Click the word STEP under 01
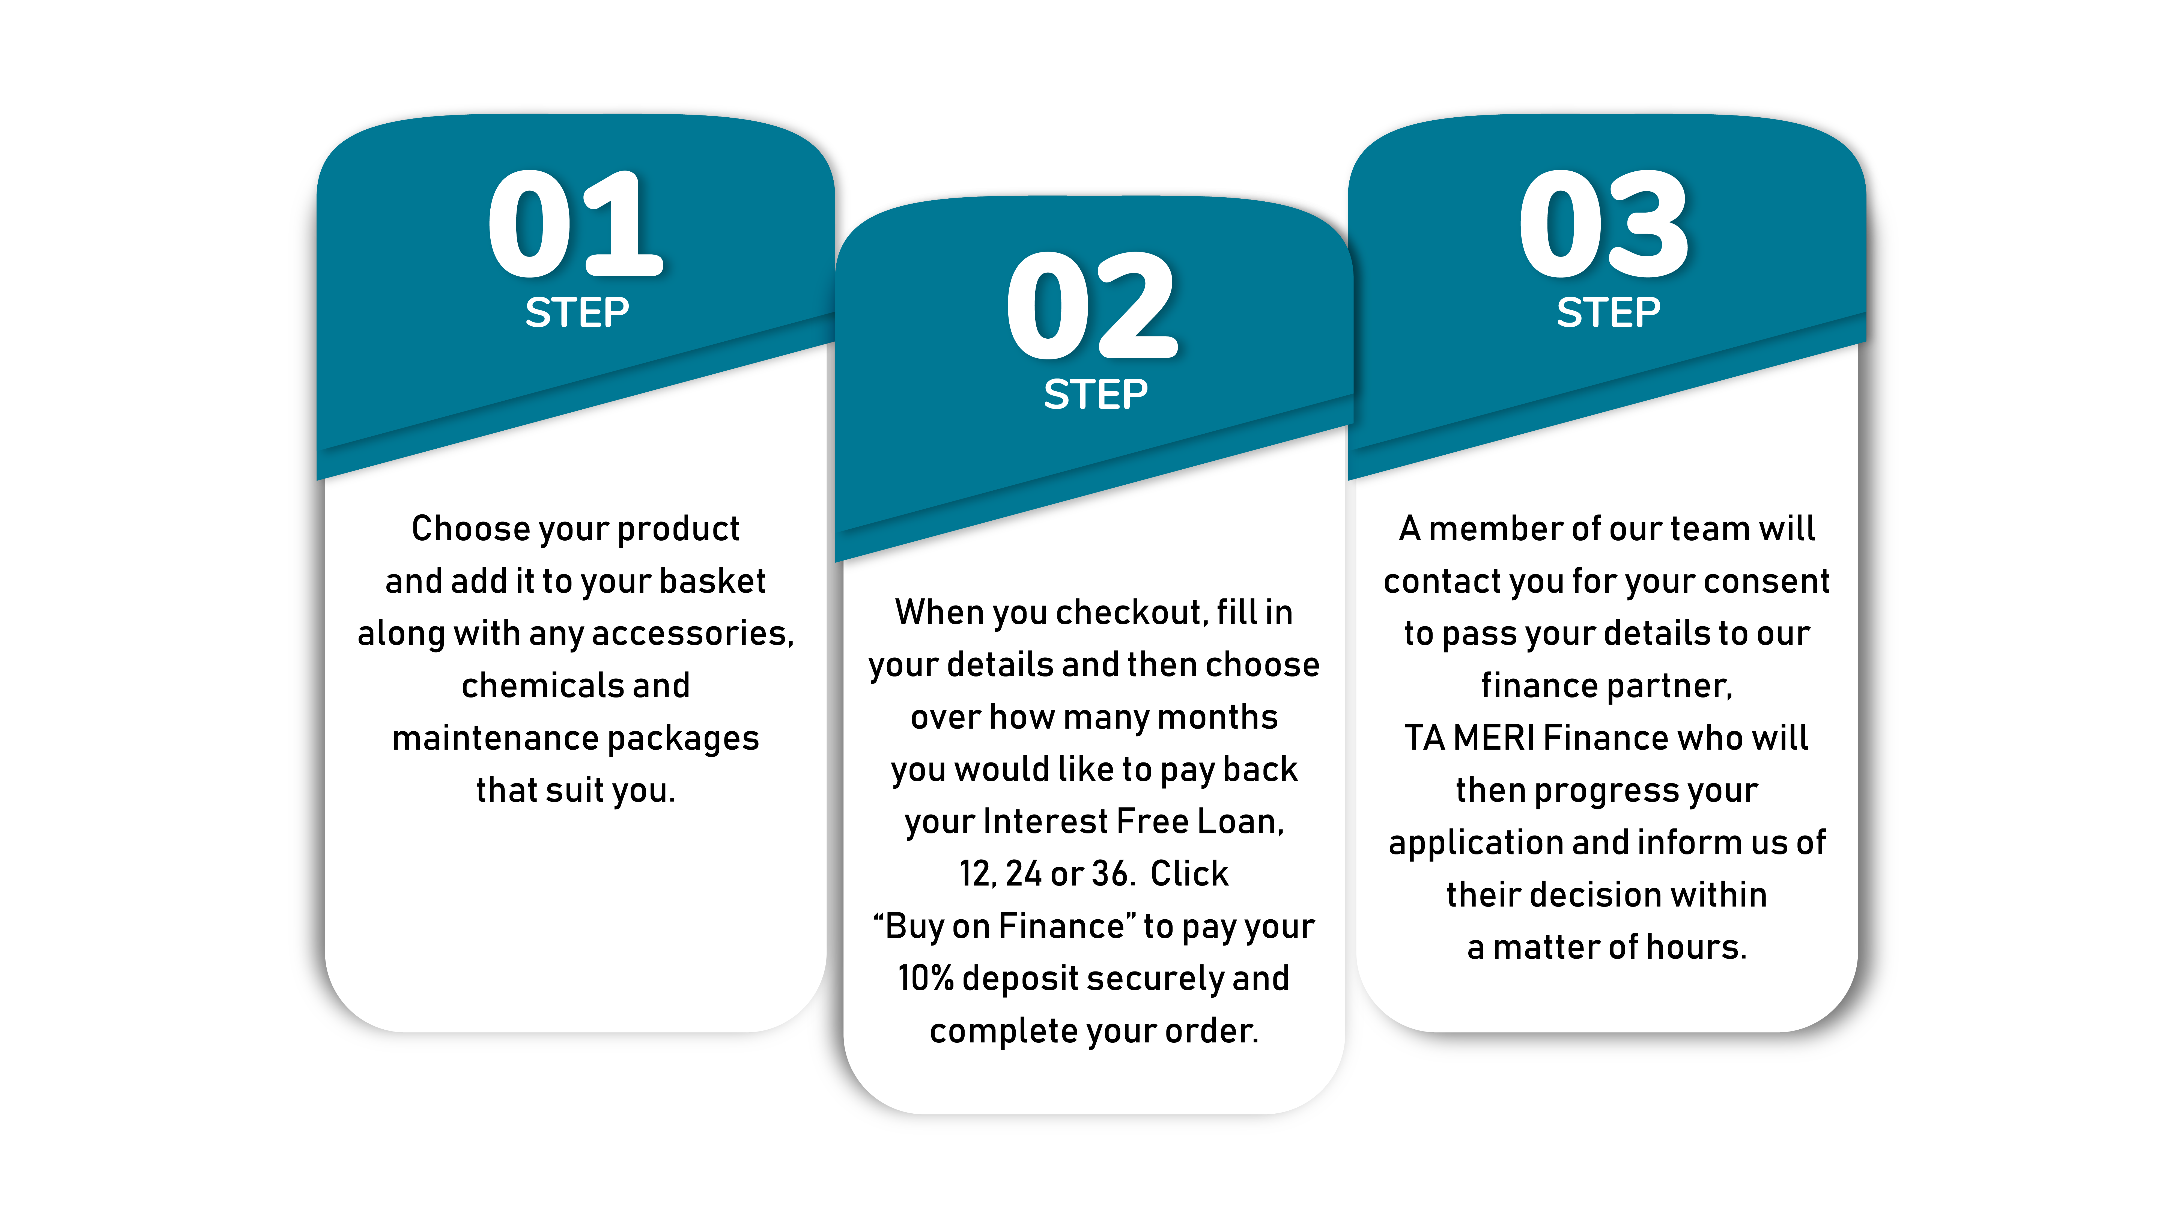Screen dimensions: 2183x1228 (x=577, y=313)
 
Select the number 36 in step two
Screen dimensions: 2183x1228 (x=1110, y=874)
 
